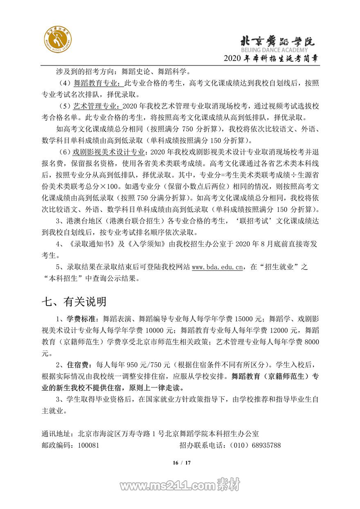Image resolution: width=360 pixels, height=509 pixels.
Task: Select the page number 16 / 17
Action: [x=180, y=463]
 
